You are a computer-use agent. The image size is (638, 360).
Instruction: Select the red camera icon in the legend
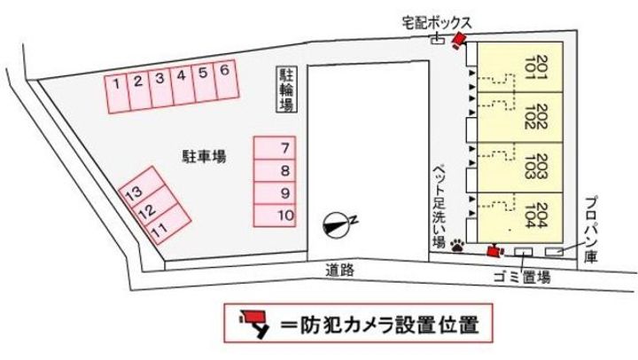tap(254, 323)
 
